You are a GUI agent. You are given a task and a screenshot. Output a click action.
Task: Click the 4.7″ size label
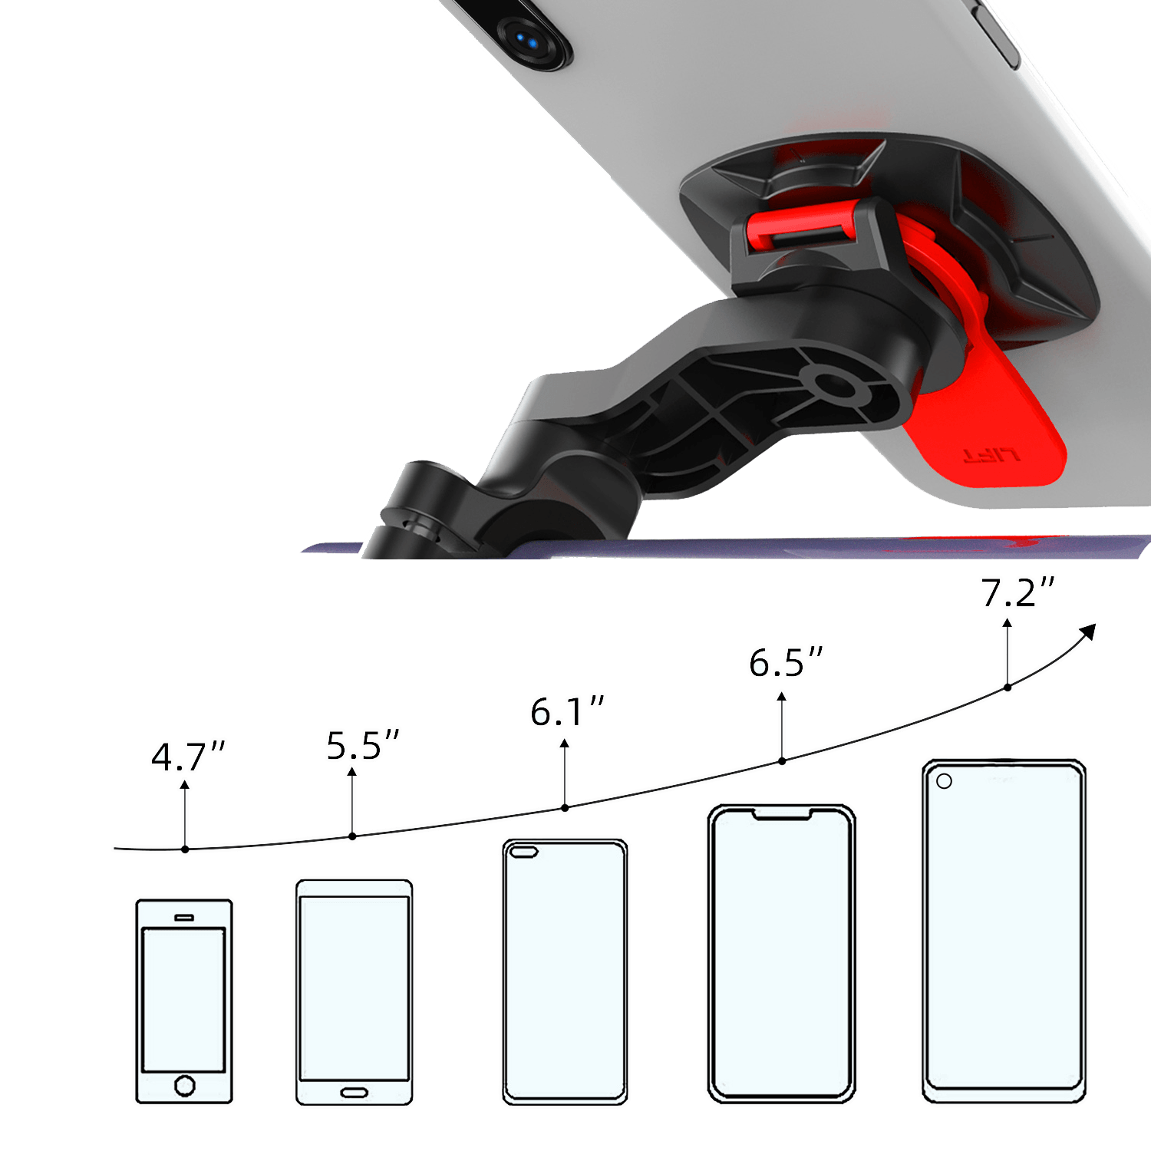point(188,757)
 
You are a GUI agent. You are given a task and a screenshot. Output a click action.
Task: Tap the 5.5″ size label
point(363,745)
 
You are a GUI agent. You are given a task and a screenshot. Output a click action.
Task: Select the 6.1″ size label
point(567,712)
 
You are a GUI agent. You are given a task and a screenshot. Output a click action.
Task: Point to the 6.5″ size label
point(786,662)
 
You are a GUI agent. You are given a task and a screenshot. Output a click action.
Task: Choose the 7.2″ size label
point(1018,592)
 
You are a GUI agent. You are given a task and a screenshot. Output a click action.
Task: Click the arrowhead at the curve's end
point(1087,632)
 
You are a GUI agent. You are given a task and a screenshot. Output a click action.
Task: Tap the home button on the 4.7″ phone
point(185,1085)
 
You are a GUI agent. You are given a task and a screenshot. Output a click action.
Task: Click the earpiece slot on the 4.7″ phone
point(184,917)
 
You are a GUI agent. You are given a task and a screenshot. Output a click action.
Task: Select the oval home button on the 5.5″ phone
point(355,1092)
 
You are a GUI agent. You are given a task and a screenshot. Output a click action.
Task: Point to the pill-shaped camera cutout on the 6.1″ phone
point(524,852)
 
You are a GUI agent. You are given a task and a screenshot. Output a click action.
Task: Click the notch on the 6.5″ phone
point(781,813)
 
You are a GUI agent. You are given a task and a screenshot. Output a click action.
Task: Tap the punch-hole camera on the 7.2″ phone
point(945,781)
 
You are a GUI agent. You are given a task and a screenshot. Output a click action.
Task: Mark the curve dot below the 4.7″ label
point(185,849)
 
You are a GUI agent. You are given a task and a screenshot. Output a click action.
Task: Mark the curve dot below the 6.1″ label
point(565,807)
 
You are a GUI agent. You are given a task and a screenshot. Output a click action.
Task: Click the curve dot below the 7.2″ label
point(1008,687)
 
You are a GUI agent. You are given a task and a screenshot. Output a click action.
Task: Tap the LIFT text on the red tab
point(991,455)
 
